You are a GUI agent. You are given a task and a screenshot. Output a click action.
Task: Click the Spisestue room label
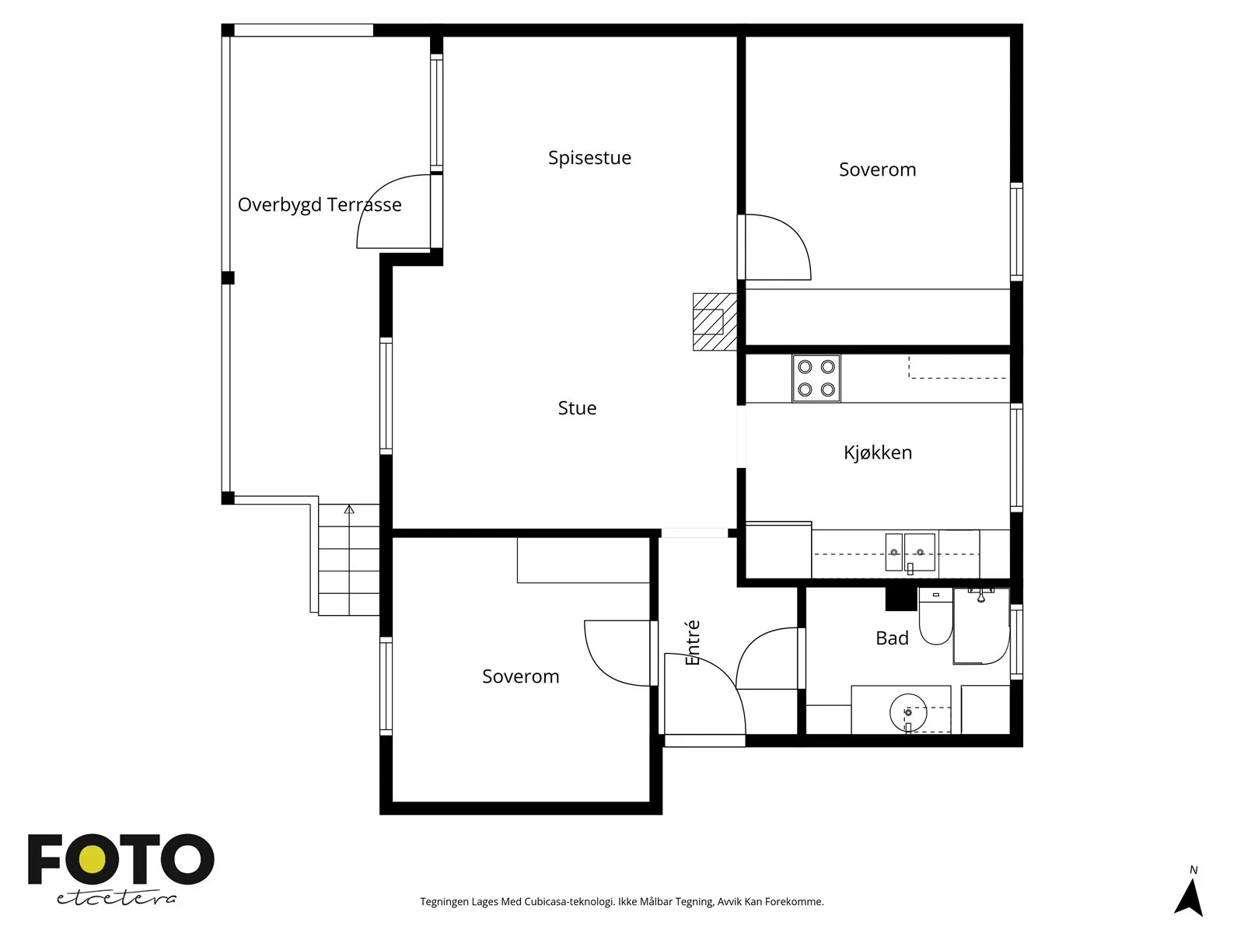pyautogui.click(x=589, y=158)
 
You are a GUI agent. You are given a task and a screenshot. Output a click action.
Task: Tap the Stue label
pyautogui.click(x=577, y=408)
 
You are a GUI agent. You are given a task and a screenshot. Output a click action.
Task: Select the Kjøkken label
pyautogui.click(x=877, y=452)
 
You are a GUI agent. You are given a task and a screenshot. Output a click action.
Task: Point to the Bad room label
pyautogui.click(x=892, y=638)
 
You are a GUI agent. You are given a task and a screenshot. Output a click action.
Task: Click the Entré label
pyautogui.click(x=693, y=642)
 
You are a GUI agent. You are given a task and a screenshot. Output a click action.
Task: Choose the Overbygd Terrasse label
pyautogui.click(x=320, y=204)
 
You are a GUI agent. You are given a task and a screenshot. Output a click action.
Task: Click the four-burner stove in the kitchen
pyautogui.click(x=816, y=378)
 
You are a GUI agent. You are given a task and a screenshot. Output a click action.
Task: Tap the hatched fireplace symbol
pyautogui.click(x=715, y=322)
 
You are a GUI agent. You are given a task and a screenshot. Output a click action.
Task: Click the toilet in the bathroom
pyautogui.click(x=935, y=617)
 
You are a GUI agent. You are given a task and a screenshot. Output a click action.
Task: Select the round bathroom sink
pyautogui.click(x=908, y=713)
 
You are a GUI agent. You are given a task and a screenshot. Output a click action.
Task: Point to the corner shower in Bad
pyautogui.click(x=982, y=626)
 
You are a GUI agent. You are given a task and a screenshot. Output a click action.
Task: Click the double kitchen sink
pyautogui.click(x=910, y=552)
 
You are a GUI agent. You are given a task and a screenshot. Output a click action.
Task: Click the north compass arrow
pyautogui.click(x=1189, y=896)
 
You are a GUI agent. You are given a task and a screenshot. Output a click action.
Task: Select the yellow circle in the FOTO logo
pyautogui.click(x=93, y=860)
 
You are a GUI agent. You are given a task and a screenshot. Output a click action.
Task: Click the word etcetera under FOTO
pyautogui.click(x=116, y=899)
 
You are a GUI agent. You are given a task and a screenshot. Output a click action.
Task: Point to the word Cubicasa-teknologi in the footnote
pyautogui.click(x=569, y=902)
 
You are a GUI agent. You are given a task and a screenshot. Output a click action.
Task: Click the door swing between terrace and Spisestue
pyautogui.click(x=393, y=211)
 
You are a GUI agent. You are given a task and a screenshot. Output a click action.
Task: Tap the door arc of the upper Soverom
pyautogui.click(x=777, y=247)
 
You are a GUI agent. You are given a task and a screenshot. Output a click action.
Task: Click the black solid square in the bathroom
pyautogui.click(x=901, y=599)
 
